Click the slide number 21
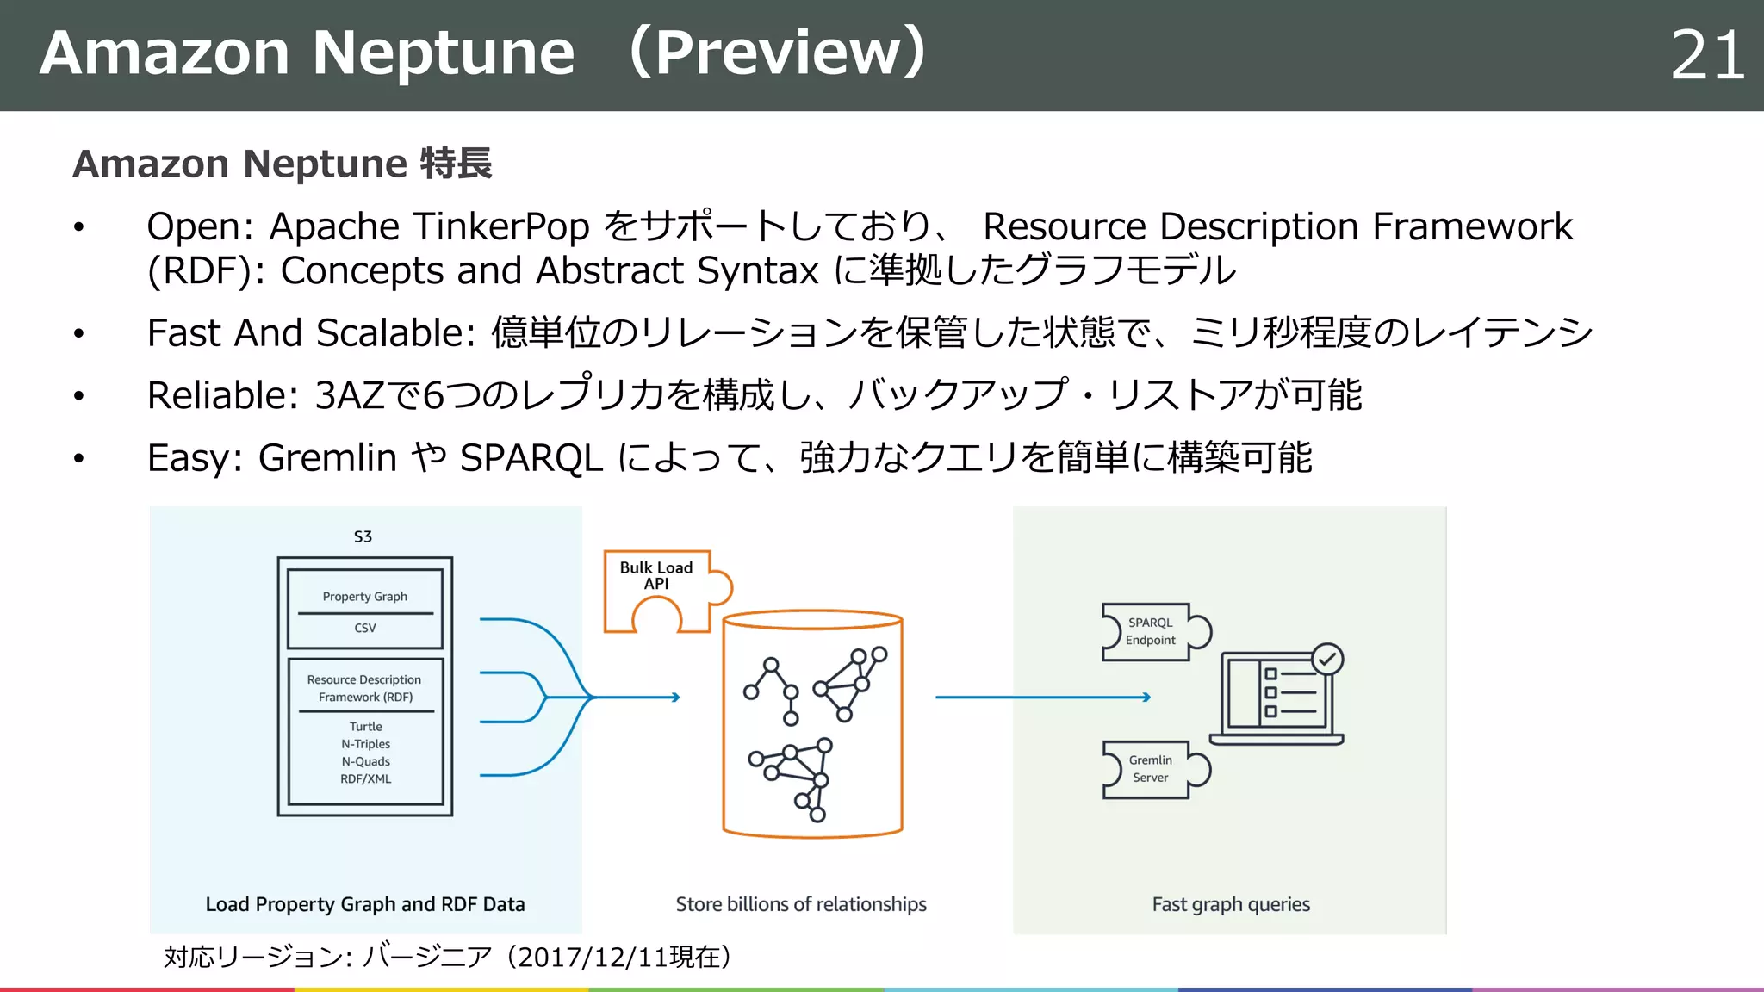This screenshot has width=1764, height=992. [x=1706, y=56]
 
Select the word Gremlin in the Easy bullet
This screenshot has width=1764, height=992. [x=327, y=457]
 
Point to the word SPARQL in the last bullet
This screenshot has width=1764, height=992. [x=531, y=457]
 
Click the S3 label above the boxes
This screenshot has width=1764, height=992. [x=363, y=536]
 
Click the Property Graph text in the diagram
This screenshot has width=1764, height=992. [x=364, y=596]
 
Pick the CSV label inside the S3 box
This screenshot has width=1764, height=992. [x=364, y=628]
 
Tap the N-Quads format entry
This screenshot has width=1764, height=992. [x=365, y=761]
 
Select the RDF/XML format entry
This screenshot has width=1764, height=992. [x=365, y=778]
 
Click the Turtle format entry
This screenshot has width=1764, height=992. [x=365, y=726]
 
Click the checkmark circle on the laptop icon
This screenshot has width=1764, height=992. [x=1327, y=660]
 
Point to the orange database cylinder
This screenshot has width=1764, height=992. [x=812, y=723]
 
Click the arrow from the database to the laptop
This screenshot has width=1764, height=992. [x=1042, y=697]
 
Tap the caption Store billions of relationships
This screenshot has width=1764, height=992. [x=800, y=904]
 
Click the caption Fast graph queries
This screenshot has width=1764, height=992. [x=1230, y=904]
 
